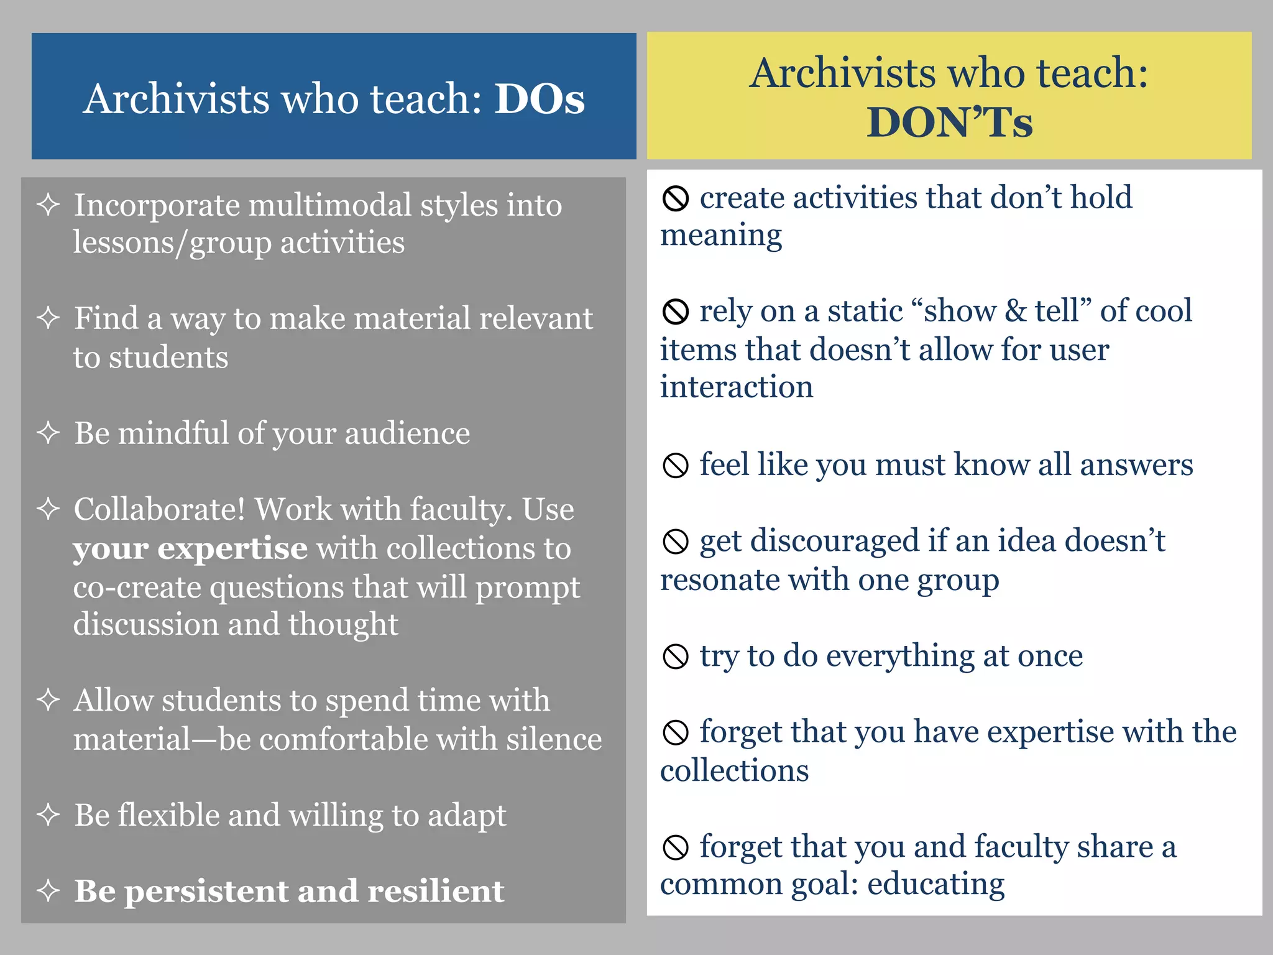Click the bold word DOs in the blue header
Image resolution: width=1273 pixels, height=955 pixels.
tap(540, 99)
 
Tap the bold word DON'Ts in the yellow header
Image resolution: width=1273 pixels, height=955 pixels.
tap(949, 122)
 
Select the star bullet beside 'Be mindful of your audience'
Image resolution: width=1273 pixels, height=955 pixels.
tap(48, 433)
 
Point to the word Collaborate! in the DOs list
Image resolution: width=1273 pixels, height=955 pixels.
tap(160, 510)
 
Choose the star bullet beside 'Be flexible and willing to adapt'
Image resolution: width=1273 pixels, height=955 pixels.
tap(48, 815)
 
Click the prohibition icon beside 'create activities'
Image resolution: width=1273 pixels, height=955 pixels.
tap(676, 199)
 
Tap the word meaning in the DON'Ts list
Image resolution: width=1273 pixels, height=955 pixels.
tap(721, 236)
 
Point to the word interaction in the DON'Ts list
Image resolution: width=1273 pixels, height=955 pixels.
tap(737, 387)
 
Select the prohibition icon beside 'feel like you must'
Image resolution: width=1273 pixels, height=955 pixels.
tap(676, 465)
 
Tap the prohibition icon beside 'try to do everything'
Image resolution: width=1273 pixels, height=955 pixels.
tap(676, 657)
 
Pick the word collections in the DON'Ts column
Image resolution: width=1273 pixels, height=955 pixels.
tap(734, 771)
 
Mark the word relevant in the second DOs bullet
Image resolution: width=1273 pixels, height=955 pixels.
tap(535, 319)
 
